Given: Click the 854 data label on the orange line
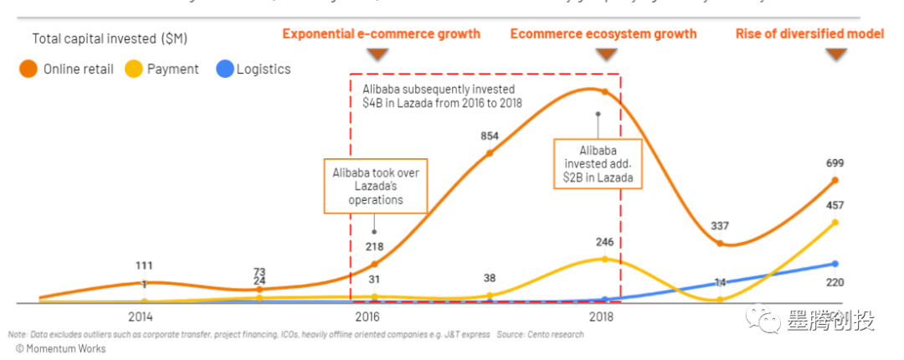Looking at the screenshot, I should tap(490, 136).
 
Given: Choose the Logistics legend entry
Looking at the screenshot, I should tap(253, 69).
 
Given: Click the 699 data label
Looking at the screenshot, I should tap(834, 162).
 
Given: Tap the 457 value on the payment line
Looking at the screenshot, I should tap(834, 205).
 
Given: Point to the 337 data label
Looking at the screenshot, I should tap(718, 225).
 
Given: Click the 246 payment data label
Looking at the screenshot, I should tap(604, 242).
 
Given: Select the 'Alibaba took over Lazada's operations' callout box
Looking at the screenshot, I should tap(376, 185).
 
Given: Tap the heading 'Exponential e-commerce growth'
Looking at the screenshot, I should tap(381, 34).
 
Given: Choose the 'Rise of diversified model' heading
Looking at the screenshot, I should tap(809, 34).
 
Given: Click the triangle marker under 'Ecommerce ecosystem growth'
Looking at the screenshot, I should tap(605, 54).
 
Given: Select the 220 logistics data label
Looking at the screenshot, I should tap(834, 282).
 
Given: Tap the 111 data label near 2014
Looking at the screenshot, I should tap(143, 265).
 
